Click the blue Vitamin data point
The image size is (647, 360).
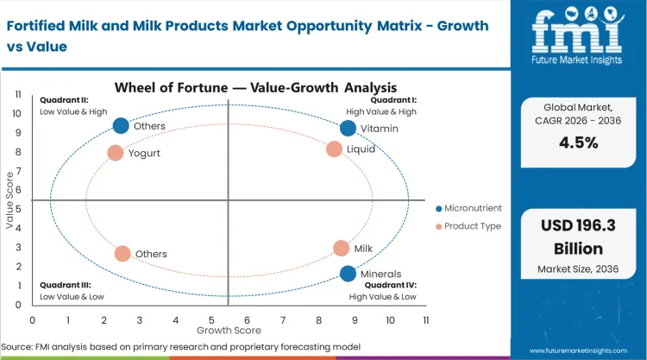[x=348, y=129]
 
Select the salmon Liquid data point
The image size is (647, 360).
[x=334, y=149]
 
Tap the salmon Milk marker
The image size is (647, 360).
[x=341, y=249]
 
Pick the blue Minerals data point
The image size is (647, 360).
[x=348, y=275]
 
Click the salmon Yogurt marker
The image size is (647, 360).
[x=116, y=153]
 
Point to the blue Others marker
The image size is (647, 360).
[x=121, y=126]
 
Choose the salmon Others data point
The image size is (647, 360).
[x=122, y=254]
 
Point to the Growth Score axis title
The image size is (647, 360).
[x=229, y=330]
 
